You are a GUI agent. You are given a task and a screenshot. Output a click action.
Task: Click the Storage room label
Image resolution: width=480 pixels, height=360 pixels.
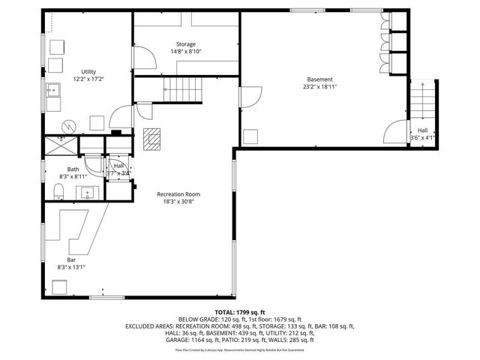click(186, 44)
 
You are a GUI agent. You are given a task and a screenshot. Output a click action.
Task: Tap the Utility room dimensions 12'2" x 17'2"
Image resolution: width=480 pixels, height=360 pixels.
click(88, 79)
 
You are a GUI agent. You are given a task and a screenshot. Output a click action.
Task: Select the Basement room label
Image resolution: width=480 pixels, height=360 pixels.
click(319, 79)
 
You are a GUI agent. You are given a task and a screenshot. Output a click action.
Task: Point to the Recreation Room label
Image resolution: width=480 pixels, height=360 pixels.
click(178, 194)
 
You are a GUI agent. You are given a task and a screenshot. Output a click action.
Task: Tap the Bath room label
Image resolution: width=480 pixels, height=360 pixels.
click(73, 169)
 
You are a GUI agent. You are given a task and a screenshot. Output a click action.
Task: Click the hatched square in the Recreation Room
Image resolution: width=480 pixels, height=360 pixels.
click(154, 139)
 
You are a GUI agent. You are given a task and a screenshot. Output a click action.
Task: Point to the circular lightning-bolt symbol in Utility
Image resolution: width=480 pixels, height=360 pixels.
click(69, 126)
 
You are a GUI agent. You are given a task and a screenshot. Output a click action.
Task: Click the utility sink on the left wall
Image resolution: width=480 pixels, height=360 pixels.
click(53, 91)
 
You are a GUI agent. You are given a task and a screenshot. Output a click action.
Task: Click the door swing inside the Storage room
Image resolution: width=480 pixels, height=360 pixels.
click(144, 58)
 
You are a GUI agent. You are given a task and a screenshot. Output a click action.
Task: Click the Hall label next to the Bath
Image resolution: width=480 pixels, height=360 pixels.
click(118, 166)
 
